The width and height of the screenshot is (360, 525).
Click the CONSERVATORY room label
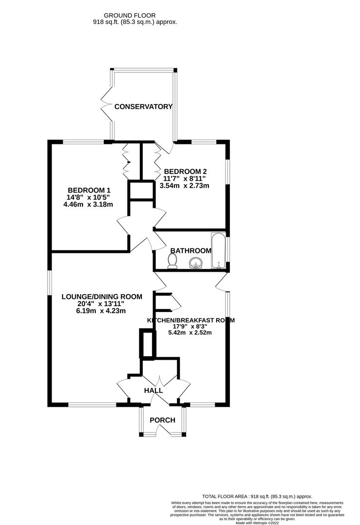(143, 106)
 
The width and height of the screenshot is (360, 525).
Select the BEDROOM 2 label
(186, 171)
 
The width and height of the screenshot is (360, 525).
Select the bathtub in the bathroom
(218, 251)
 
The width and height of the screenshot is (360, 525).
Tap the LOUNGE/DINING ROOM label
(102, 297)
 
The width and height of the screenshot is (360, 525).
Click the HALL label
(153, 390)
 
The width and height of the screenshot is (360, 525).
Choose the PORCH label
(162, 420)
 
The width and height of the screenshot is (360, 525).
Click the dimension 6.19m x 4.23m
(102, 311)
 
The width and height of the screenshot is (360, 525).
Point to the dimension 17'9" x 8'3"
(190, 327)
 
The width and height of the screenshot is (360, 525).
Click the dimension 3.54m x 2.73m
(186, 185)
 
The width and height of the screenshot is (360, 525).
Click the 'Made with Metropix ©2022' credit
(257, 522)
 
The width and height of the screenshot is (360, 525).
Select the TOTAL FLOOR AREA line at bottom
(257, 497)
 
